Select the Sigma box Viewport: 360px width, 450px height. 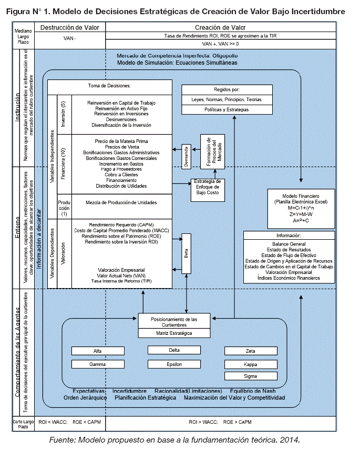[250, 376]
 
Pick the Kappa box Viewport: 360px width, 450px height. [250, 364]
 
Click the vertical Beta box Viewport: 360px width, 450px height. [186, 253]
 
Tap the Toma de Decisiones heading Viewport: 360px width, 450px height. [109, 85]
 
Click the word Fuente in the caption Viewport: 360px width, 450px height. [63, 439]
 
